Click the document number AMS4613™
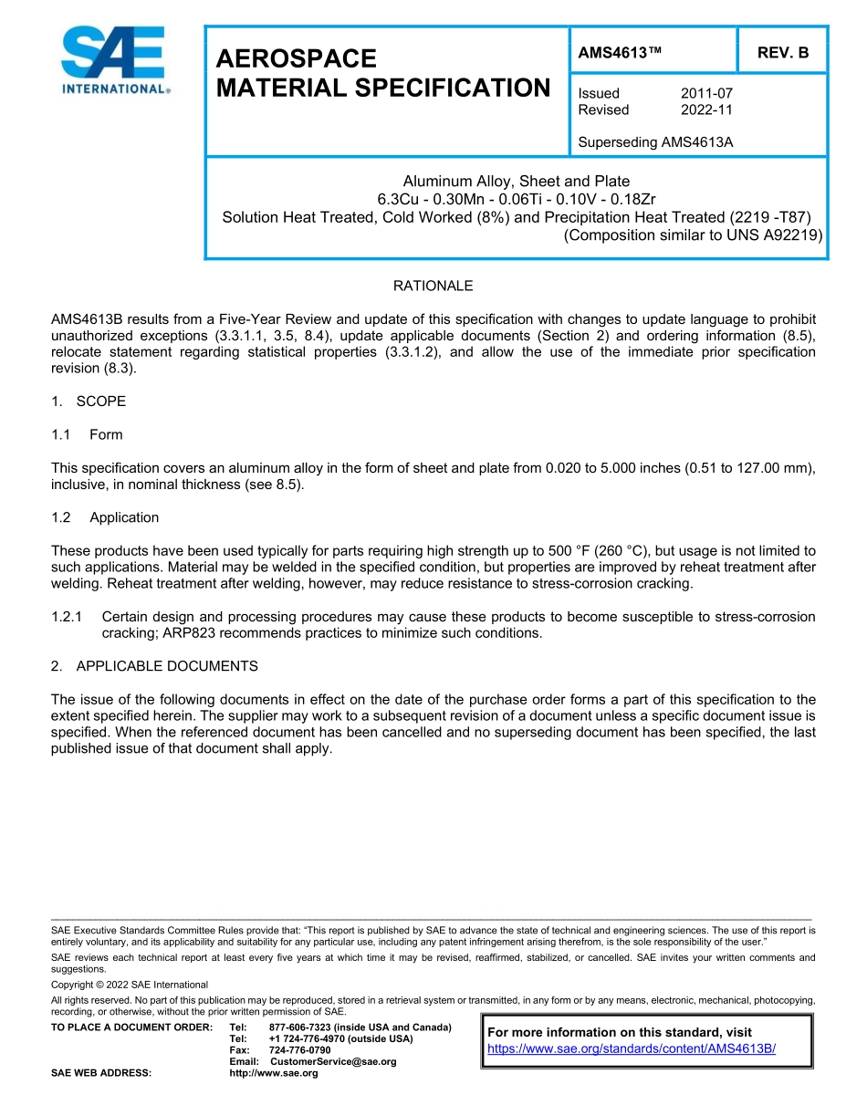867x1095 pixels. tap(620, 53)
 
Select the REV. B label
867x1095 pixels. tap(783, 53)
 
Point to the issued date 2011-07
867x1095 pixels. tap(706, 93)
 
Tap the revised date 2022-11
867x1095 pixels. tap(706, 109)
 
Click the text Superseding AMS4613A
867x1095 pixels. tap(655, 142)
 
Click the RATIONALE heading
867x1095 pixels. tap(433, 286)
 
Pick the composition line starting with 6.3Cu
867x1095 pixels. tap(516, 199)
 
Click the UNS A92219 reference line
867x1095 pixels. tap(693, 235)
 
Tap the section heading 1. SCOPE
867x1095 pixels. tap(89, 401)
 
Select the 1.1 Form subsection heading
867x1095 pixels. tap(88, 434)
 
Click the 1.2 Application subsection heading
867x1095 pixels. tap(105, 517)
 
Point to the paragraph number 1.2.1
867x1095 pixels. tap(68, 617)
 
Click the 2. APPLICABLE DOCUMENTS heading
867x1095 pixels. tap(154, 666)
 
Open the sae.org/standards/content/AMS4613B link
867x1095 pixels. tap(632, 1048)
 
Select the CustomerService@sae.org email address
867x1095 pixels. tap(333, 1061)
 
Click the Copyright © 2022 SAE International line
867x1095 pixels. tap(130, 985)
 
